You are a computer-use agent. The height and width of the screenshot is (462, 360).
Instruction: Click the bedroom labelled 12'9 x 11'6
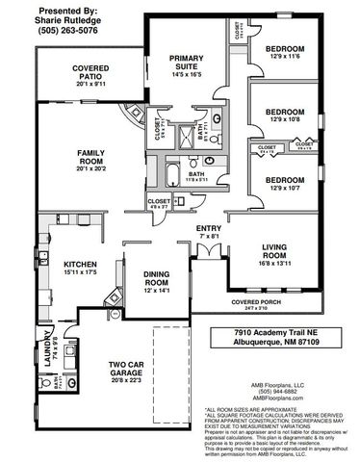[285, 53]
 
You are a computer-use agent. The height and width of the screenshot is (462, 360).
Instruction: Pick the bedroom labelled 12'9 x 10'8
[285, 115]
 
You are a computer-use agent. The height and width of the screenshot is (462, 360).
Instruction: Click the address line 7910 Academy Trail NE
[271, 330]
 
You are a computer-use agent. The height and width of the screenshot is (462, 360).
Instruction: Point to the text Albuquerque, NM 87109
[271, 342]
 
